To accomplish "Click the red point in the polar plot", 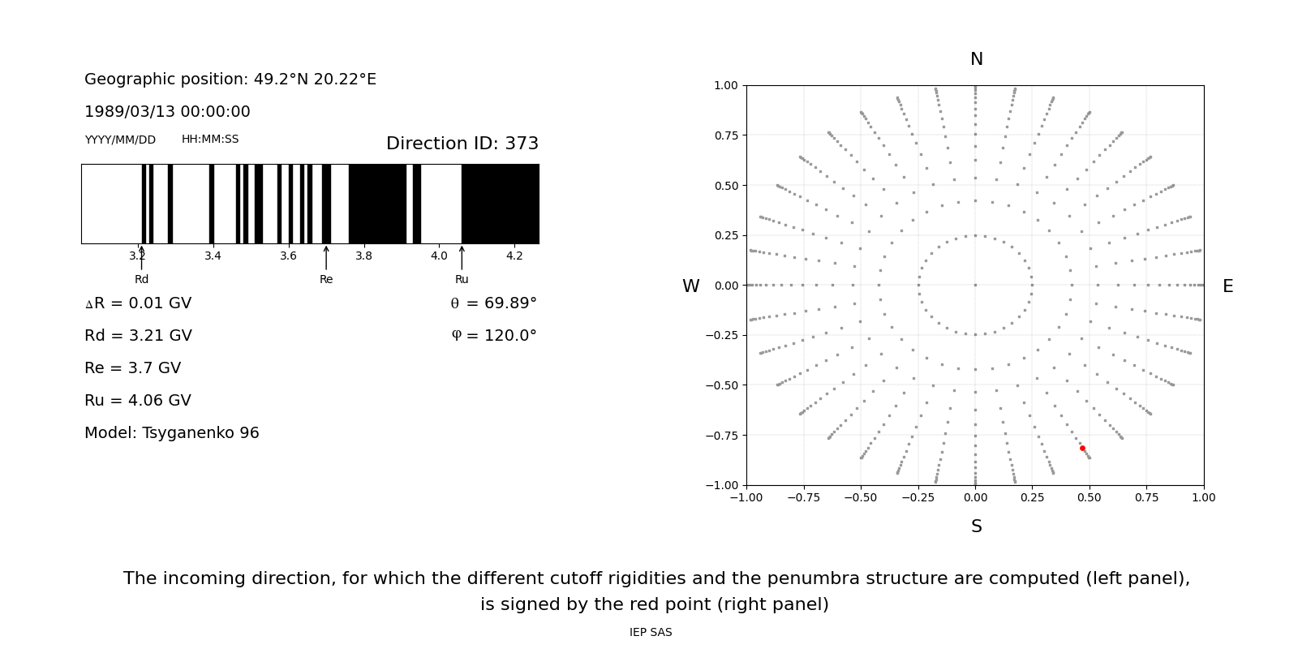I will [x=1082, y=448].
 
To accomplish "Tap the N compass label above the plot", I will [x=976, y=59].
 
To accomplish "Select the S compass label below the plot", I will [x=976, y=527].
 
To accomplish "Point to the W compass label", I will [x=690, y=286].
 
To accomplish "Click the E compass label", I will [x=1227, y=286].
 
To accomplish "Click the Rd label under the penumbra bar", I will [x=141, y=279].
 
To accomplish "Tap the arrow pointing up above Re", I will [x=326, y=257].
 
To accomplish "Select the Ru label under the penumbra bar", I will [x=462, y=279].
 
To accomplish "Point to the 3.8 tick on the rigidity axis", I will [x=363, y=256].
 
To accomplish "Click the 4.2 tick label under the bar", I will [x=514, y=256].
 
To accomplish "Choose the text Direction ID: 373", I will [x=462, y=144].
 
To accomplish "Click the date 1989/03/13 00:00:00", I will [x=167, y=111].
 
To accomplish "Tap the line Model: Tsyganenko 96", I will [x=172, y=432].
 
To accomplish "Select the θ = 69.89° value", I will [x=493, y=303].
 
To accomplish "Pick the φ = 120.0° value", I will [x=493, y=336].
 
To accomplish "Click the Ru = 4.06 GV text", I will [x=138, y=400].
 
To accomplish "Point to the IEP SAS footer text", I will [x=651, y=632].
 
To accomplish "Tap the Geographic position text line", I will [x=230, y=79].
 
